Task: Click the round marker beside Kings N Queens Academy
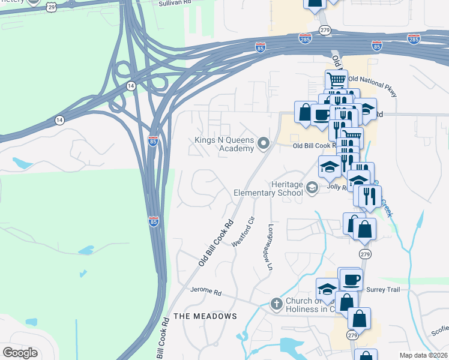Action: (263, 143)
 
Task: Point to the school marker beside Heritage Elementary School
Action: (312, 188)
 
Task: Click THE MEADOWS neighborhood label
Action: (205, 316)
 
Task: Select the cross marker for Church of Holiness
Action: (276, 304)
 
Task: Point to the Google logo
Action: (20, 353)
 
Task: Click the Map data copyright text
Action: (423, 355)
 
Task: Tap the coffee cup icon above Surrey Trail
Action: (351, 279)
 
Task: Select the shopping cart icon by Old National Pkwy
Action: (337, 79)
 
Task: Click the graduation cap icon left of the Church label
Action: (327, 289)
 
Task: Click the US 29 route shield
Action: (51, 5)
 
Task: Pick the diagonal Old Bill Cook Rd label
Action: (215, 244)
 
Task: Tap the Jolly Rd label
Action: (335, 187)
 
